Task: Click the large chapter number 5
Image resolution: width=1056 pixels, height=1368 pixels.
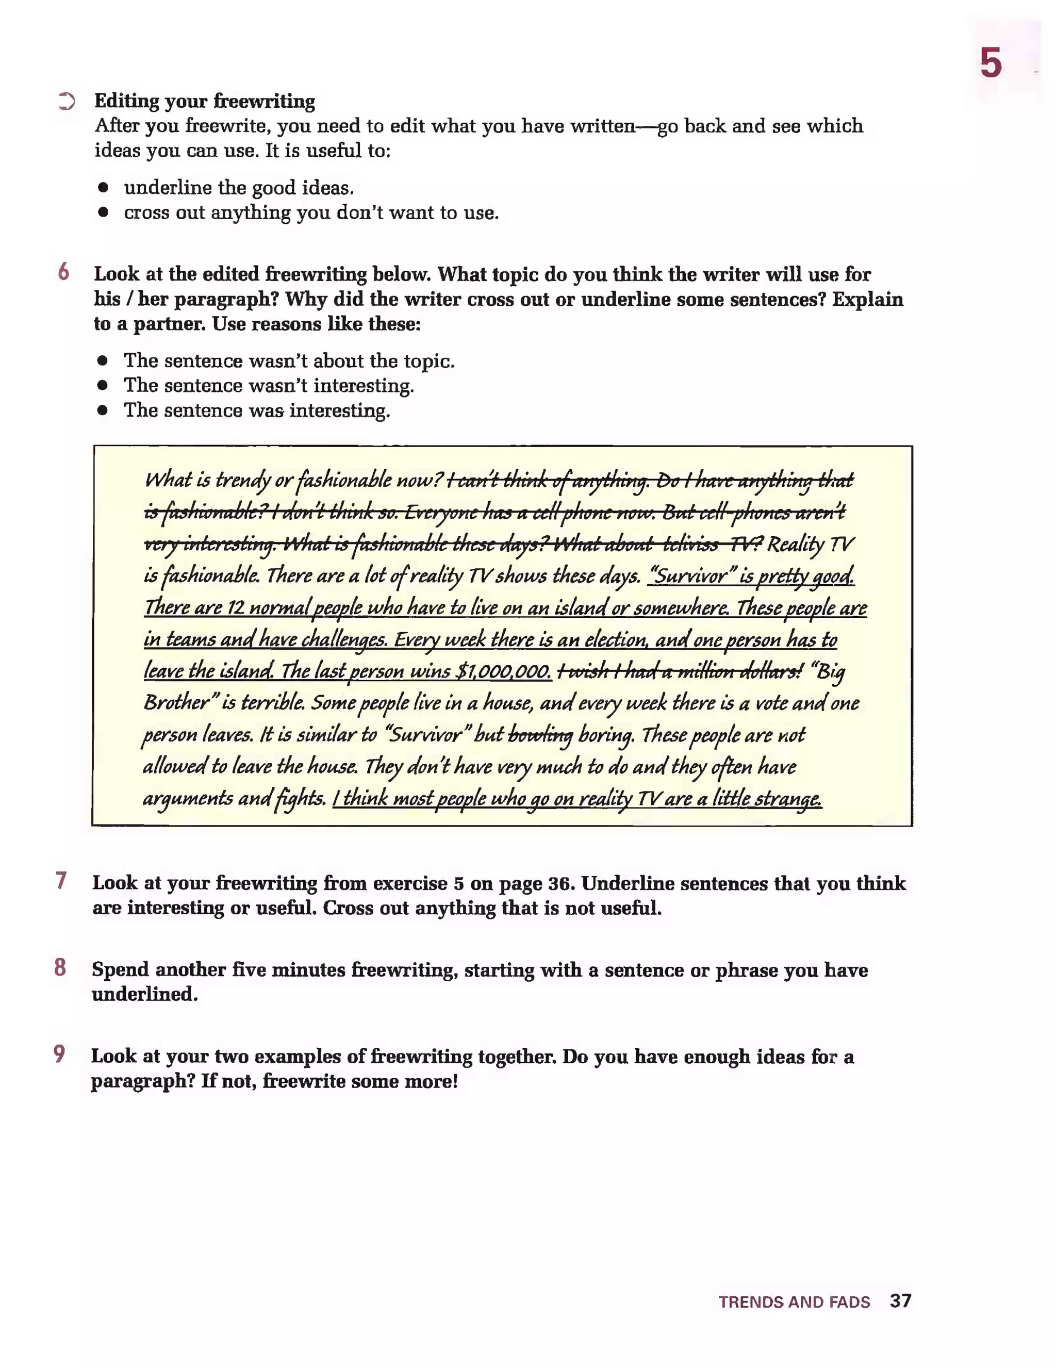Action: (x=991, y=63)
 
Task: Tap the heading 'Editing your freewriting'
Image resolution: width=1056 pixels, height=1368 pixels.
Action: (x=204, y=101)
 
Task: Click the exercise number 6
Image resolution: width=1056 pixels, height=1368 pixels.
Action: (x=63, y=272)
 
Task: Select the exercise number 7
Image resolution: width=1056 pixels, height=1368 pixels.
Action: (x=61, y=881)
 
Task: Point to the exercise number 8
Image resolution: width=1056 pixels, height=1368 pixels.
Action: (x=60, y=967)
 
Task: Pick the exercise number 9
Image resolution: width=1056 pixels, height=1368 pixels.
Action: (x=59, y=1053)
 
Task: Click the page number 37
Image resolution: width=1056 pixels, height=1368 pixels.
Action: (x=900, y=1301)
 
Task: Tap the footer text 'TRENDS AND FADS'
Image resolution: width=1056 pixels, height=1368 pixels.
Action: (x=794, y=1302)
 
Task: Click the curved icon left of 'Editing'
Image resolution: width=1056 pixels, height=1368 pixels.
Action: (x=67, y=101)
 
